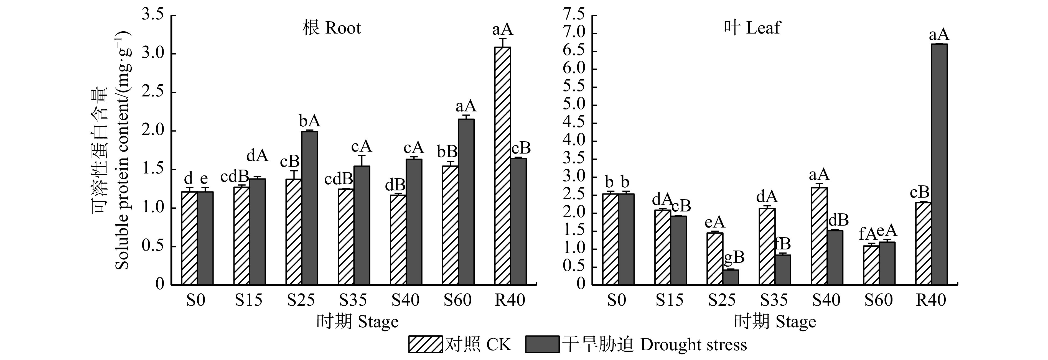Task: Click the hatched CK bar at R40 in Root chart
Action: [502, 166]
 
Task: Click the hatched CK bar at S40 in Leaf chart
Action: [819, 236]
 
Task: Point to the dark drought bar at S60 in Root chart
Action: [466, 202]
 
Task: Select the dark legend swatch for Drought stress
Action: [542, 344]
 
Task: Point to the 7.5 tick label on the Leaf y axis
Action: [574, 15]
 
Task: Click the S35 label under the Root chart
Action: [353, 300]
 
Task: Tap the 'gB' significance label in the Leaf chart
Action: [734, 257]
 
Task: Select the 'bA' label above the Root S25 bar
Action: [310, 121]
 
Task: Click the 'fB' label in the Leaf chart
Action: [782, 244]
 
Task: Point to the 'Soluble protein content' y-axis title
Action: [122, 150]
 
